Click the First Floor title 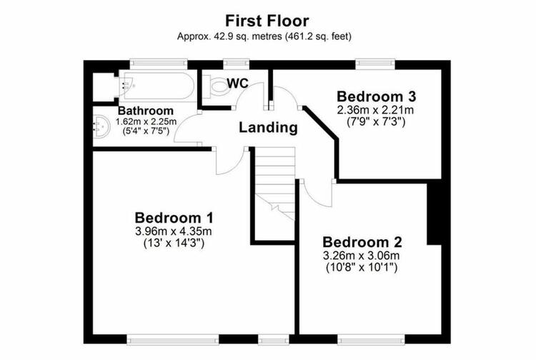(x=267, y=21)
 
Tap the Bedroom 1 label (x=174, y=218)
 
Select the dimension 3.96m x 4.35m (x=174, y=231)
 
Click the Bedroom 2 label (x=362, y=242)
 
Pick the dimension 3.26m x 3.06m (x=362, y=255)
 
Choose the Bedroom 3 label (x=377, y=96)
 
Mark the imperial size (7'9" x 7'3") (x=376, y=121)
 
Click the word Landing (x=268, y=128)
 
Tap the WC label (x=238, y=84)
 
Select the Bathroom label (x=146, y=111)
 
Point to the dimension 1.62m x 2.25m (x=146, y=121)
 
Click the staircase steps (x=274, y=184)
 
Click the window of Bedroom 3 (x=375, y=63)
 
